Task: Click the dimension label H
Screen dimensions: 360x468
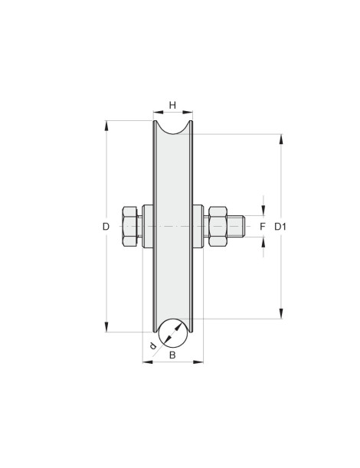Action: point(172,105)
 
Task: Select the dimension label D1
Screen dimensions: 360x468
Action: point(280,227)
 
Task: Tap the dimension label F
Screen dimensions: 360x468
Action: point(263,227)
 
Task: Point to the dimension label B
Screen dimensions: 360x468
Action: point(172,355)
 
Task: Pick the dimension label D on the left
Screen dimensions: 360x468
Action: point(106,227)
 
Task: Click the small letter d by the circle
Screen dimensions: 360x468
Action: point(153,345)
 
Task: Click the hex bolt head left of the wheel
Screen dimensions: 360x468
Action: point(130,227)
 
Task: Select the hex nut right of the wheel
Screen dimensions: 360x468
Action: point(218,227)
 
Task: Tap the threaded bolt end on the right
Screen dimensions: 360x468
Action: point(236,227)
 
